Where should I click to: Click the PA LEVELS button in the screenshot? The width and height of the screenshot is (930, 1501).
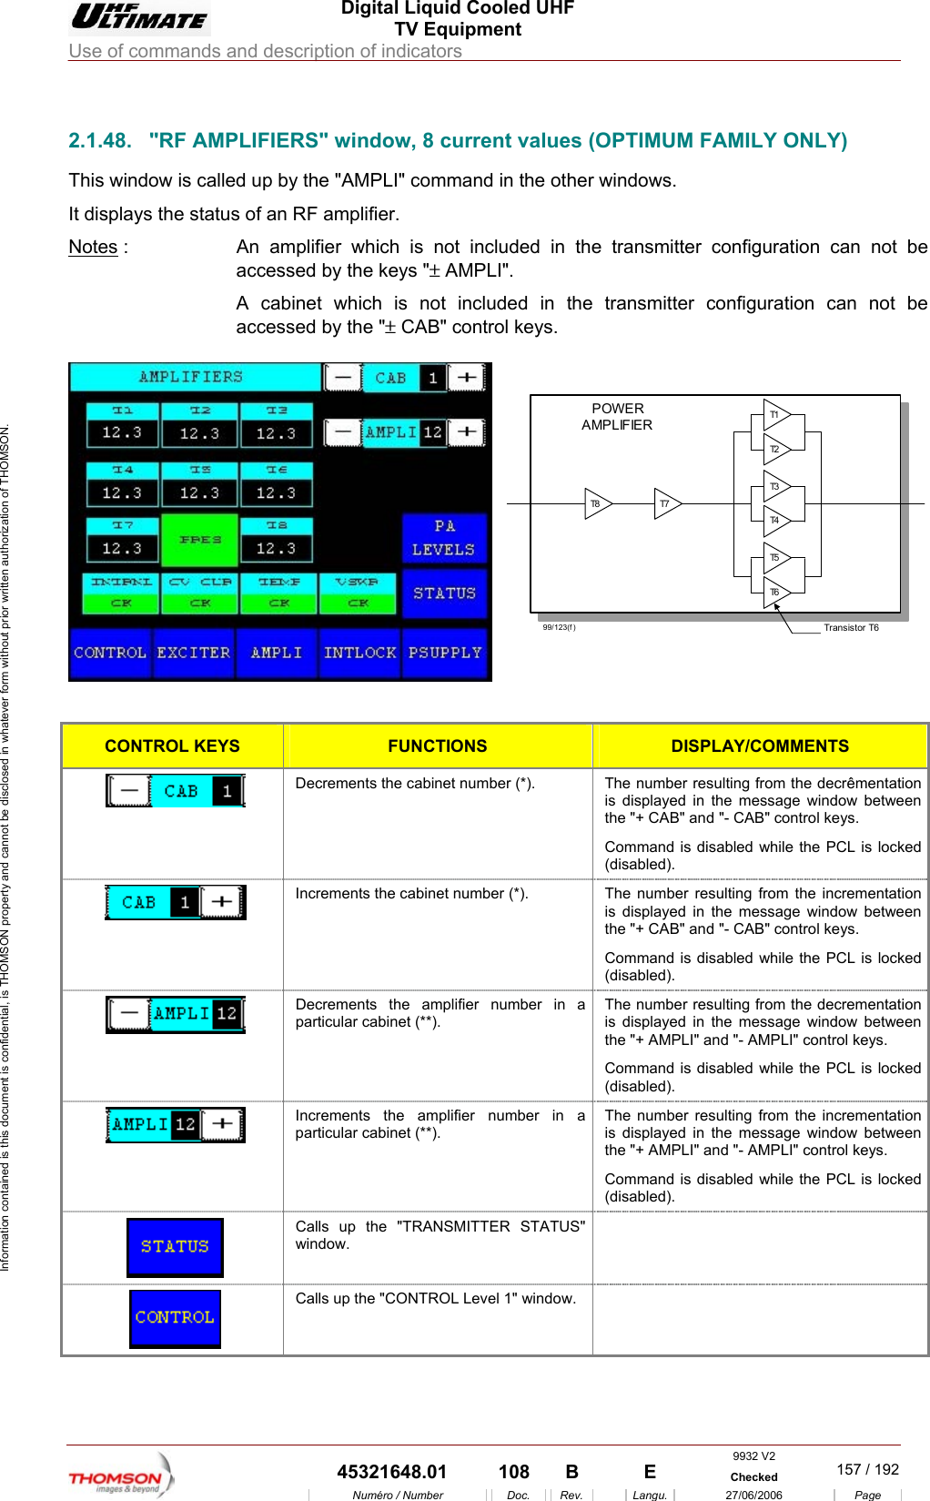click(x=444, y=538)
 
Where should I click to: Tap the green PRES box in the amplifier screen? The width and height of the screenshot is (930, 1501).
click(x=199, y=540)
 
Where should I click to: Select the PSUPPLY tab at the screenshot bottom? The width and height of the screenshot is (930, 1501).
click(x=444, y=653)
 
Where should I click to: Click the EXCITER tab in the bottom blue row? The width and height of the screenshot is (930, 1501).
click(x=194, y=653)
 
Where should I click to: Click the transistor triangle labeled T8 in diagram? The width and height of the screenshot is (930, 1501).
click(x=597, y=503)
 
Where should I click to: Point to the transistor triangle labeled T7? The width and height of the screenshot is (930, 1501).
click(x=667, y=503)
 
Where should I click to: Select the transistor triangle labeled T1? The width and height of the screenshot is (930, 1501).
click(x=776, y=414)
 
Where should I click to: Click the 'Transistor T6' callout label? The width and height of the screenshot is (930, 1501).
click(x=851, y=627)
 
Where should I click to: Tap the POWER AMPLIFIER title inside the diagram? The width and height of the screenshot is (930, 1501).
click(x=617, y=417)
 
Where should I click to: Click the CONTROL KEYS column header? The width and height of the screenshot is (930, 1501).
click(x=172, y=745)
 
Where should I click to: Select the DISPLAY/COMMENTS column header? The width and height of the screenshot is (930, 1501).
click(x=760, y=745)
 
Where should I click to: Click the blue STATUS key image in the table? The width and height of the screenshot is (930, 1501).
click(x=175, y=1247)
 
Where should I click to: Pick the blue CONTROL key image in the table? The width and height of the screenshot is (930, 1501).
click(x=175, y=1318)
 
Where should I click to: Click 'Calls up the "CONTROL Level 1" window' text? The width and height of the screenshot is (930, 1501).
click(x=435, y=1298)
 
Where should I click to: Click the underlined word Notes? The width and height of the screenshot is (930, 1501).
click(x=93, y=247)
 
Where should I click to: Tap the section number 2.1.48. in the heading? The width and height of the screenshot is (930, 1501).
click(x=100, y=140)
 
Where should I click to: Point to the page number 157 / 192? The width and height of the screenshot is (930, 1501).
click(x=867, y=1469)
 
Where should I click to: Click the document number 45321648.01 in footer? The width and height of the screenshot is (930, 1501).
click(x=391, y=1472)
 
